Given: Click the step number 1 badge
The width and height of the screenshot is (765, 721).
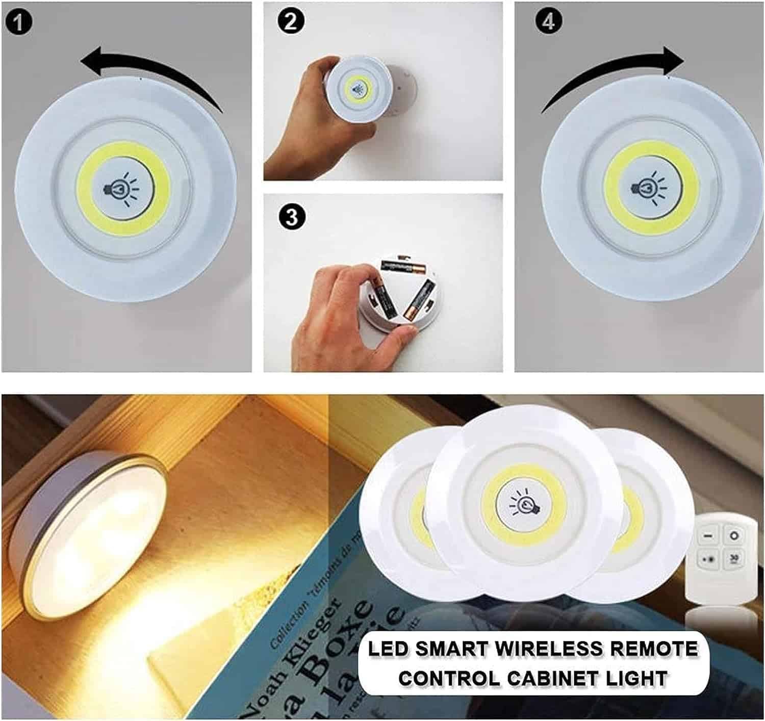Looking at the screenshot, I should [x=19, y=23].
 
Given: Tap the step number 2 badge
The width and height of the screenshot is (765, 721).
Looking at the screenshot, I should [x=292, y=22].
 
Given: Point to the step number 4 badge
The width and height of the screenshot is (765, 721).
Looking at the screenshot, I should [x=549, y=22].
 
